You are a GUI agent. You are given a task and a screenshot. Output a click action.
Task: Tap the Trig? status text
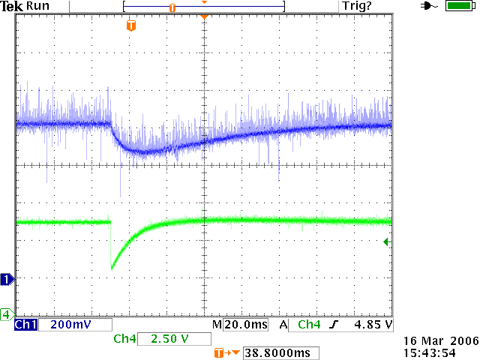pyautogui.click(x=357, y=6)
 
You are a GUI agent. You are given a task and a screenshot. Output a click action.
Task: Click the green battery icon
pyautogui.click(x=457, y=6)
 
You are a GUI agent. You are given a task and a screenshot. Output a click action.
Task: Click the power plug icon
pyautogui.click(x=429, y=6)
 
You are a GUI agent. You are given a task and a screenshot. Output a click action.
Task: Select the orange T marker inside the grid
pyautogui.click(x=131, y=26)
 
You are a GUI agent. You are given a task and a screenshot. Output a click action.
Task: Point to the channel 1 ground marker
pyautogui.click(x=7, y=280)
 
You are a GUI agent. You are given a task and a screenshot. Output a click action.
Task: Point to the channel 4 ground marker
pyautogui.click(x=6, y=313)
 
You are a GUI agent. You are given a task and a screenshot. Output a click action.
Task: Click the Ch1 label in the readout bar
pyautogui.click(x=25, y=325)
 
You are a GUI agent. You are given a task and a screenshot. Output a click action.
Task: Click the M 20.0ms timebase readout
pyautogui.click(x=240, y=325)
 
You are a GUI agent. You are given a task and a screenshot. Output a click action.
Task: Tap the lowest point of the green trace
pyautogui.click(x=112, y=268)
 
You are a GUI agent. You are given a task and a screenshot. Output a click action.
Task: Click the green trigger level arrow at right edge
pyautogui.click(x=386, y=241)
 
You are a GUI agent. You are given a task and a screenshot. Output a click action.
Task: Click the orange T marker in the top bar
pyautogui.click(x=172, y=7)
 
